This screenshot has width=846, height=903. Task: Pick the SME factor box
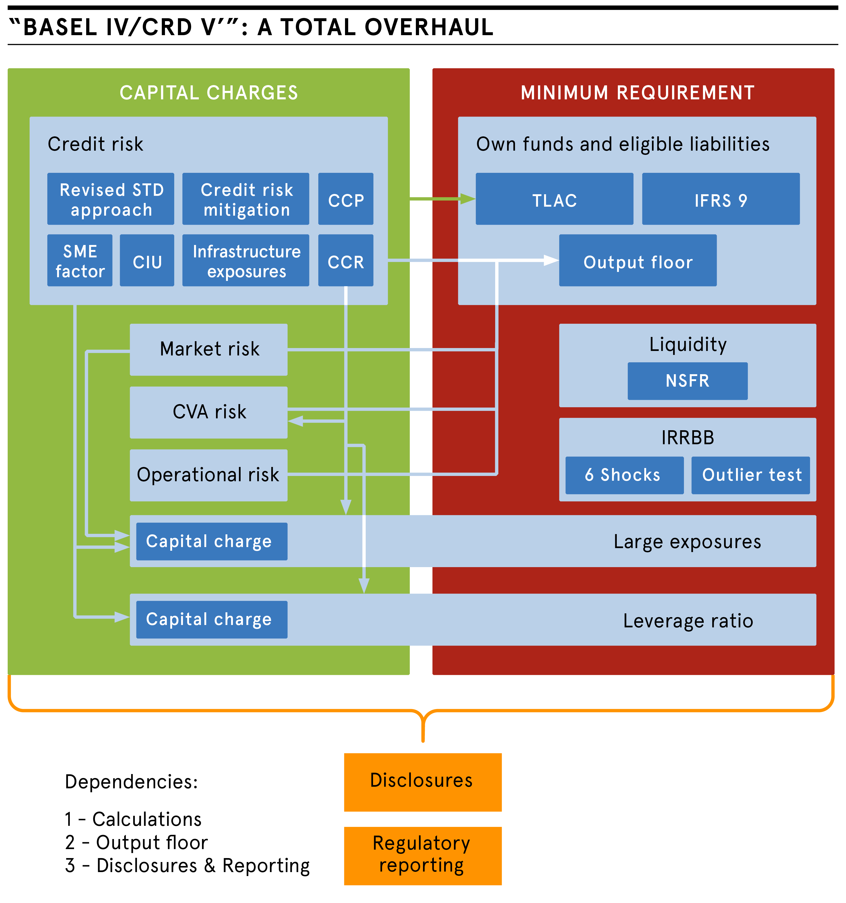80,260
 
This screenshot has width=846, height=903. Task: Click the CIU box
147,260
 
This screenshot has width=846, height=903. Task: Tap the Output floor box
637,260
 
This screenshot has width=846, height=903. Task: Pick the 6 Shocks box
624,475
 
